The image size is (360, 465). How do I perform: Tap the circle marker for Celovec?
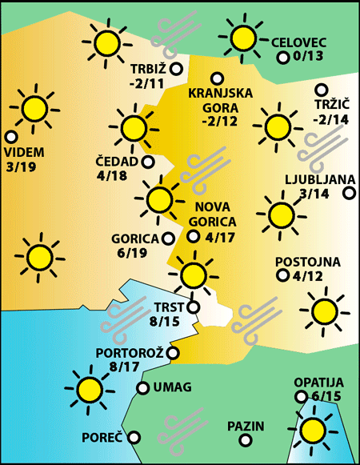point(282,58)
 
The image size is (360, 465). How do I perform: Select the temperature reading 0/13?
point(308,57)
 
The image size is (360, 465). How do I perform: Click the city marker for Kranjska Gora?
point(216,78)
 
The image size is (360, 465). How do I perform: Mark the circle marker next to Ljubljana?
point(348,192)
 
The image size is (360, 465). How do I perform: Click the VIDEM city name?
point(23,152)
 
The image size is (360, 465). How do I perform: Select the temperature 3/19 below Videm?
point(22,167)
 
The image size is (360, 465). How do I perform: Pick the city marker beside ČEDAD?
point(148,161)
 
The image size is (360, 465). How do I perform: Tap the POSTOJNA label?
point(308,262)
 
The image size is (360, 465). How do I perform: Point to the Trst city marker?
point(192,306)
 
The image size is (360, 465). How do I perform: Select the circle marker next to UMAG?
point(143,388)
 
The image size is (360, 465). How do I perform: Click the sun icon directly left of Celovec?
point(242,37)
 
